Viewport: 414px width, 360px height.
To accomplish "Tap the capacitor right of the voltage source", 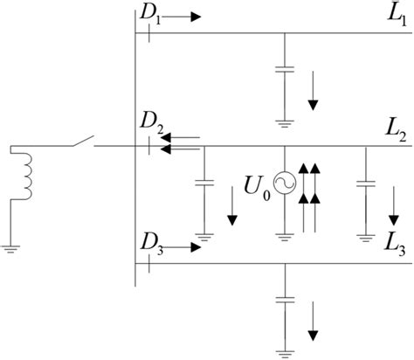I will (x=364, y=184).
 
